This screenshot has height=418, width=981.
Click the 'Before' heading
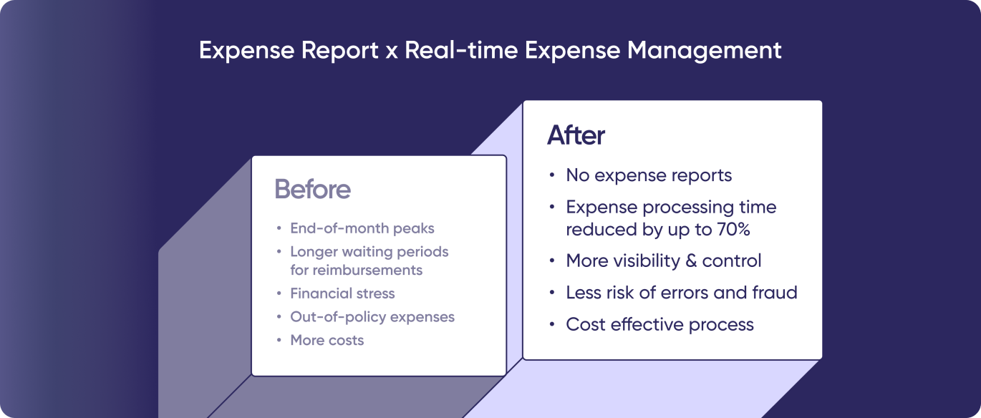click(313, 189)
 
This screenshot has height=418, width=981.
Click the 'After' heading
click(576, 135)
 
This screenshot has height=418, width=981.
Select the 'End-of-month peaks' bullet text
click(362, 229)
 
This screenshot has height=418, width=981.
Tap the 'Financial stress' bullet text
click(342, 293)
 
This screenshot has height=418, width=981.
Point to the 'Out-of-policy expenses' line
click(372, 317)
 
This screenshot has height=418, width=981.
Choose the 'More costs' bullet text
click(327, 341)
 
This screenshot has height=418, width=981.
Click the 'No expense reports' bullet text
click(649, 175)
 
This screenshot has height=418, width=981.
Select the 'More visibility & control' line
click(663, 261)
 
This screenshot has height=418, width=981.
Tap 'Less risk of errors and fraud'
click(681, 293)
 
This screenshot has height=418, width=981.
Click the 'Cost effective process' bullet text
click(659, 324)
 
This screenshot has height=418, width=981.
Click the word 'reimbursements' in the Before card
click(356, 271)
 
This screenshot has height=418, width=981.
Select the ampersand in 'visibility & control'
click(691, 261)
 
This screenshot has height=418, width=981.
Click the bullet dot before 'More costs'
click(279, 341)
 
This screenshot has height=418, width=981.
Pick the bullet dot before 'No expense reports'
click(551, 175)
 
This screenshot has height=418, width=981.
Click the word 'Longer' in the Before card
click(311, 252)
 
